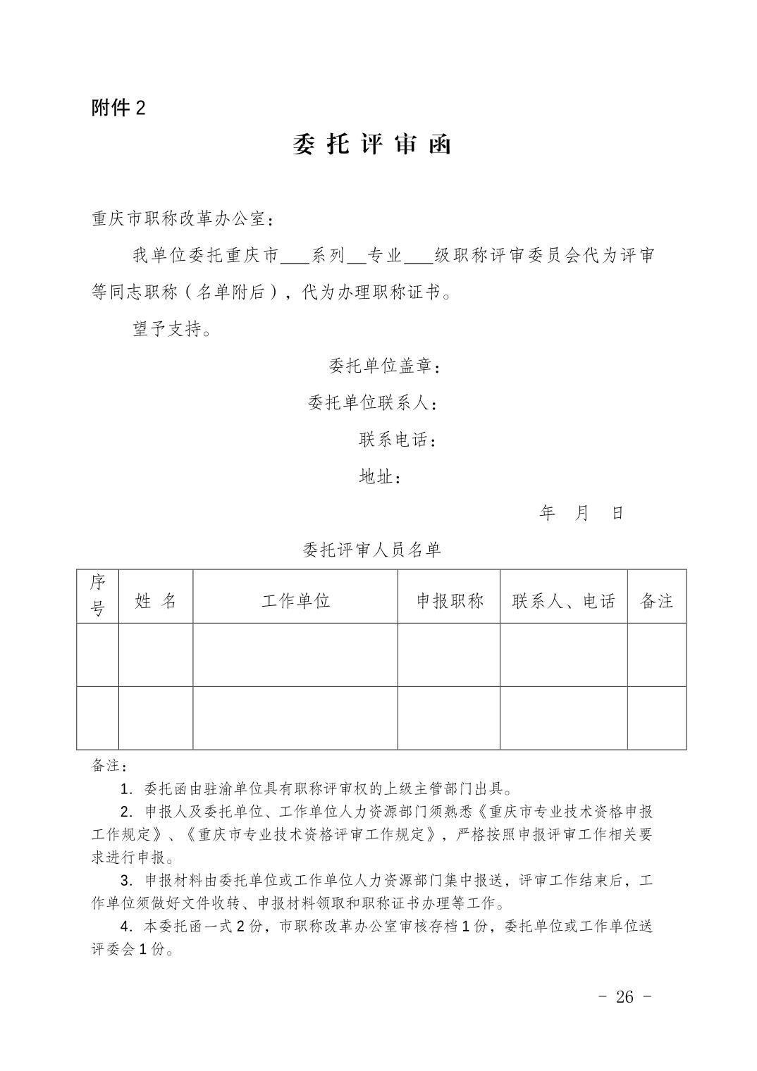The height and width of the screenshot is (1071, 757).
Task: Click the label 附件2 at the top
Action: click(x=118, y=108)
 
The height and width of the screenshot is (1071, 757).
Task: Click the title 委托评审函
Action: click(x=371, y=144)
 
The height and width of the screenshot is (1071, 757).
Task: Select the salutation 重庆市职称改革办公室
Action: click(x=183, y=219)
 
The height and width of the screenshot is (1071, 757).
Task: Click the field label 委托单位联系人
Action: click(x=374, y=403)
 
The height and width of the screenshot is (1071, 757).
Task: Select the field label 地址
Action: click(x=381, y=477)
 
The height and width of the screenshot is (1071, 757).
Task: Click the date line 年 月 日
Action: click(x=581, y=513)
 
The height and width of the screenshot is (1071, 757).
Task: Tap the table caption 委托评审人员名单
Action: click(x=371, y=550)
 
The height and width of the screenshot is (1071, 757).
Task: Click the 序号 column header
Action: click(x=97, y=596)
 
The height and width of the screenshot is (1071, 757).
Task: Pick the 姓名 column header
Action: click(x=156, y=601)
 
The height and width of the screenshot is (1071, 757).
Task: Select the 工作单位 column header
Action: click(x=295, y=601)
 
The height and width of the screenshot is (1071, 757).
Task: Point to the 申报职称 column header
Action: click(x=449, y=601)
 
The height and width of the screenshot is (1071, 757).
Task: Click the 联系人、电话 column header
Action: click(x=564, y=601)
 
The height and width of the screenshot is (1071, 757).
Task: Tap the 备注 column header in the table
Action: click(x=656, y=601)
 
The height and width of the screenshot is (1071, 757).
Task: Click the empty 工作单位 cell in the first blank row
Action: click(x=295, y=655)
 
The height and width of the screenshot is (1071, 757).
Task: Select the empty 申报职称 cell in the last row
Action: click(x=449, y=718)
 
